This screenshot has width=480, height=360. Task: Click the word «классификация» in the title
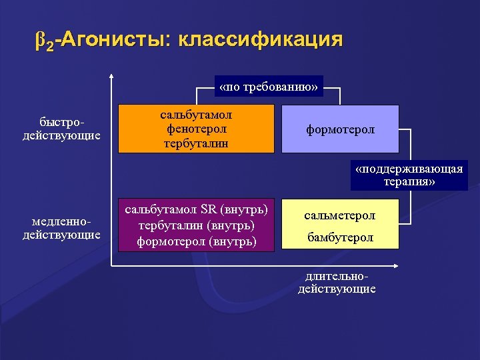coord(261,39)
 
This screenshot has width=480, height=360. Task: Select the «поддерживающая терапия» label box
coord(409,175)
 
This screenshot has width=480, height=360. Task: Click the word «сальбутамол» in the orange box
coord(196,115)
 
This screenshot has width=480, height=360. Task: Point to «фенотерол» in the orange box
coord(196,129)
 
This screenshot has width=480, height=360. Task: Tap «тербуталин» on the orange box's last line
coord(196,143)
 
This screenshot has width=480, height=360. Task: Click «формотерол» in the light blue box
coord(341,129)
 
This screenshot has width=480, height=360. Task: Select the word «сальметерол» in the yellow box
coord(340,215)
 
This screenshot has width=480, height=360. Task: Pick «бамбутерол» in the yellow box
coord(340,237)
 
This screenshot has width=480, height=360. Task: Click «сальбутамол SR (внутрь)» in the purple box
coord(196,210)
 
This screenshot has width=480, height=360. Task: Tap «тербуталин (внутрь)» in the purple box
coord(196,225)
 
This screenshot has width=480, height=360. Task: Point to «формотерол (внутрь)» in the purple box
coord(196,241)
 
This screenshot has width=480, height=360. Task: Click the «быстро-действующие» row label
coord(61,129)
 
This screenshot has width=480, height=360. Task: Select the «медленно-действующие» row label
coord(61,228)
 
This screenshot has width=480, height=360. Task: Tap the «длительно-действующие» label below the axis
coord(337,283)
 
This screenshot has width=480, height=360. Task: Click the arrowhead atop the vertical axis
coord(111,75)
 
